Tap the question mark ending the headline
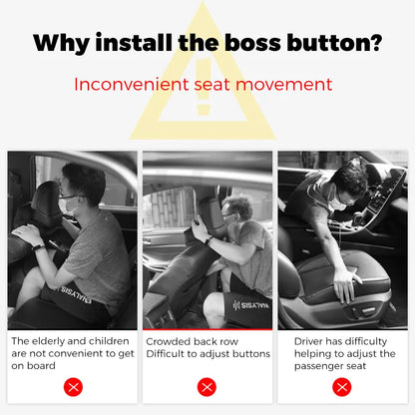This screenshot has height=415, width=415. coord(375,43)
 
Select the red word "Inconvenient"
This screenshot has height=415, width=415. coord(131,84)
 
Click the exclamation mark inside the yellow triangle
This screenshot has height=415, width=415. coord(204,86)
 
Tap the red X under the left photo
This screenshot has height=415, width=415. coord(73,387)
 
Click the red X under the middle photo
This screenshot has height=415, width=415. coord(207,387)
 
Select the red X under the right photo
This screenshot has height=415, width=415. coord(342,387)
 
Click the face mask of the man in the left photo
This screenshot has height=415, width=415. coord(67,205)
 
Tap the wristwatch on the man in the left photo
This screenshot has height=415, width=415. coord(38,247)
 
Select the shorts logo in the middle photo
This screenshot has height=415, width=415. coord(251,305)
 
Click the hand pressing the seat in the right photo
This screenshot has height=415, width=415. coord(347,284)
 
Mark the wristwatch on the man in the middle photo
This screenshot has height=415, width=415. coord(208,240)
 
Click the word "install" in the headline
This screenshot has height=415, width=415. coord(134,43)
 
